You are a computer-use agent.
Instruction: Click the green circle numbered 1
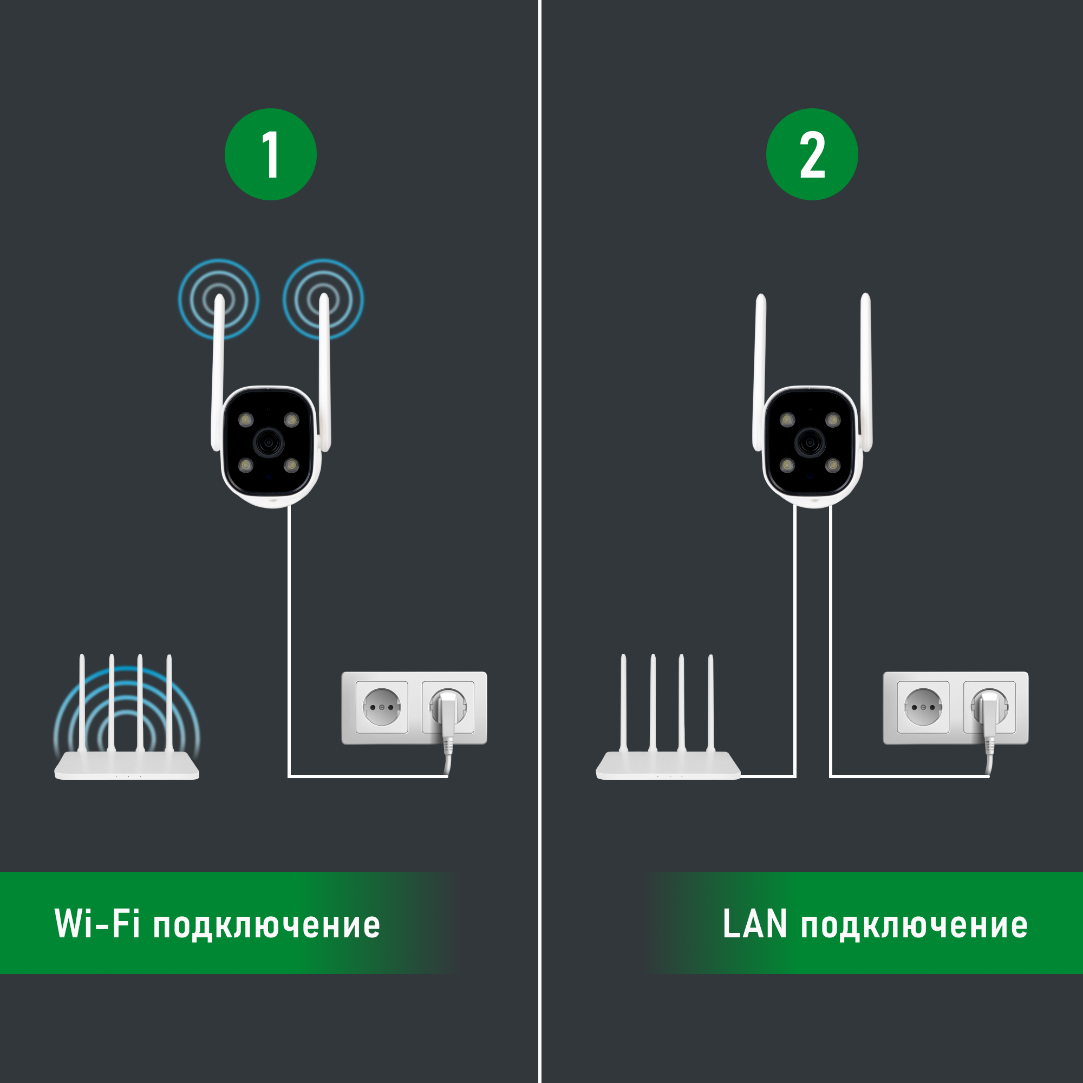tap(270, 154)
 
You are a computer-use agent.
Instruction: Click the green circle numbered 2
tap(812, 154)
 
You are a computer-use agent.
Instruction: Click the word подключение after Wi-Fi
tap(267, 926)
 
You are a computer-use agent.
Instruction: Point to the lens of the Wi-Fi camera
tap(269, 443)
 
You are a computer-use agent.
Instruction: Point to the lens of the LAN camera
tap(810, 443)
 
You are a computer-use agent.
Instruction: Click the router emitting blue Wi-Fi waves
tap(127, 765)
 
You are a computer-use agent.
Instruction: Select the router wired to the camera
tap(668, 765)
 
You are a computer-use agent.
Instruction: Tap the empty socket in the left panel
tap(382, 707)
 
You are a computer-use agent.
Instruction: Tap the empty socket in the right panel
tap(923, 707)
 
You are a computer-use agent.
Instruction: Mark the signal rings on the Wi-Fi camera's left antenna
tap(219, 299)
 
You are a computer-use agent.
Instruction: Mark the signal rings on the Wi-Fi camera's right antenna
tap(323, 299)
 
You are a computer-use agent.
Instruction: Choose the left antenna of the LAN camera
tap(760, 370)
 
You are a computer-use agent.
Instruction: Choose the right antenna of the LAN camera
tap(866, 370)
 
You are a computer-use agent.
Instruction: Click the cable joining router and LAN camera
tap(795, 644)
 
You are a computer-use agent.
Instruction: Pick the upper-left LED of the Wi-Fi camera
tap(246, 419)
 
